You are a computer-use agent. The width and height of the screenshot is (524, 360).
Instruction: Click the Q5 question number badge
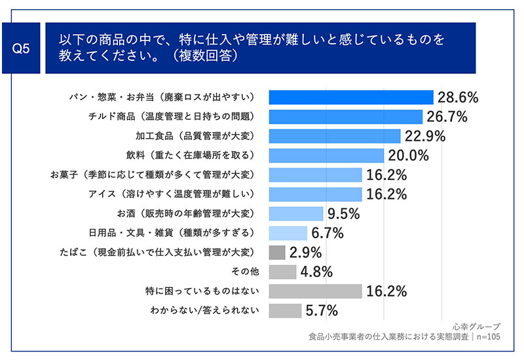tap(21, 48)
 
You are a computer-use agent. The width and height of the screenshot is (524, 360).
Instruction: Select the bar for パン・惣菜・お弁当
tap(351, 97)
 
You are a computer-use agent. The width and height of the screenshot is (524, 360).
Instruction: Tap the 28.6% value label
tap(458, 98)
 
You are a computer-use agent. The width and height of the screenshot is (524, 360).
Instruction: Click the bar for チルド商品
tap(346, 117)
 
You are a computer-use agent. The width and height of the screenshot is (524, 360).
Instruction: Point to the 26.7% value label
tap(447, 117)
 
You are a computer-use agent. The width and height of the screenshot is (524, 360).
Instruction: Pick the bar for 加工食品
tap(335, 136)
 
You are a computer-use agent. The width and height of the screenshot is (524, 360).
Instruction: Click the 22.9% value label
tap(425, 136)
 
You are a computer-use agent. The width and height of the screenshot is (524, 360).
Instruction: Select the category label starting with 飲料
tap(190, 155)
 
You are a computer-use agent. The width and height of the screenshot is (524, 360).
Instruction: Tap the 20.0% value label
tap(408, 156)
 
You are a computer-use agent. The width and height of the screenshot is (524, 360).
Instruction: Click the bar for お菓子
tap(316, 175)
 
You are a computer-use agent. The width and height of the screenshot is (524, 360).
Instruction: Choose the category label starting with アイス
tap(171, 194)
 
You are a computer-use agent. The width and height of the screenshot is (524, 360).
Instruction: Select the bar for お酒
tap(296, 213)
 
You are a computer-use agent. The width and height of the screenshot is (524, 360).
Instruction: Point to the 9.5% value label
tap(343, 214)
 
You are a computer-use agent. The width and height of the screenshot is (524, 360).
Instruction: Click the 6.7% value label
tap(327, 233)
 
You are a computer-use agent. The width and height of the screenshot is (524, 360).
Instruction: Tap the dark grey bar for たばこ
tap(277, 253)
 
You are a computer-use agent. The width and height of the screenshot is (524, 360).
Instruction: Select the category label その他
tap(245, 272)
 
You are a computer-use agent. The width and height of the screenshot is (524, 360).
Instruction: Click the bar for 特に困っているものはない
tap(316, 291)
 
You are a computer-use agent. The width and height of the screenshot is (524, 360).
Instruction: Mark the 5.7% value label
tap(322, 311)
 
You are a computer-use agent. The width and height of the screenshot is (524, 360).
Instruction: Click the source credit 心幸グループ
tap(477, 327)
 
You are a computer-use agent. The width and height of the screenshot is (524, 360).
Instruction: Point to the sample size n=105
tap(488, 336)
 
